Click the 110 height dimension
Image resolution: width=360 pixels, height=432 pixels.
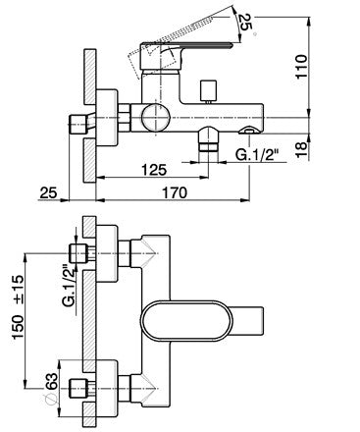[301, 67]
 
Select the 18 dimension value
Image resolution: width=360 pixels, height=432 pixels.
[301, 148]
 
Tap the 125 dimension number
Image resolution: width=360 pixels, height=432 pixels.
[154, 170]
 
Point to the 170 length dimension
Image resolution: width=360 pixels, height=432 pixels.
[175, 192]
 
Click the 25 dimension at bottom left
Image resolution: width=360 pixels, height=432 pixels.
[48, 192]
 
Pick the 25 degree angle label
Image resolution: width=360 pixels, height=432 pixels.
[245, 23]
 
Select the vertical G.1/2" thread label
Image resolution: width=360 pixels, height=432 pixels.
[69, 285]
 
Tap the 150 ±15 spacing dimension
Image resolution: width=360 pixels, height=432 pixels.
[18, 306]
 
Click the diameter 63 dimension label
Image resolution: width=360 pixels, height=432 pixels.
[51, 387]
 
